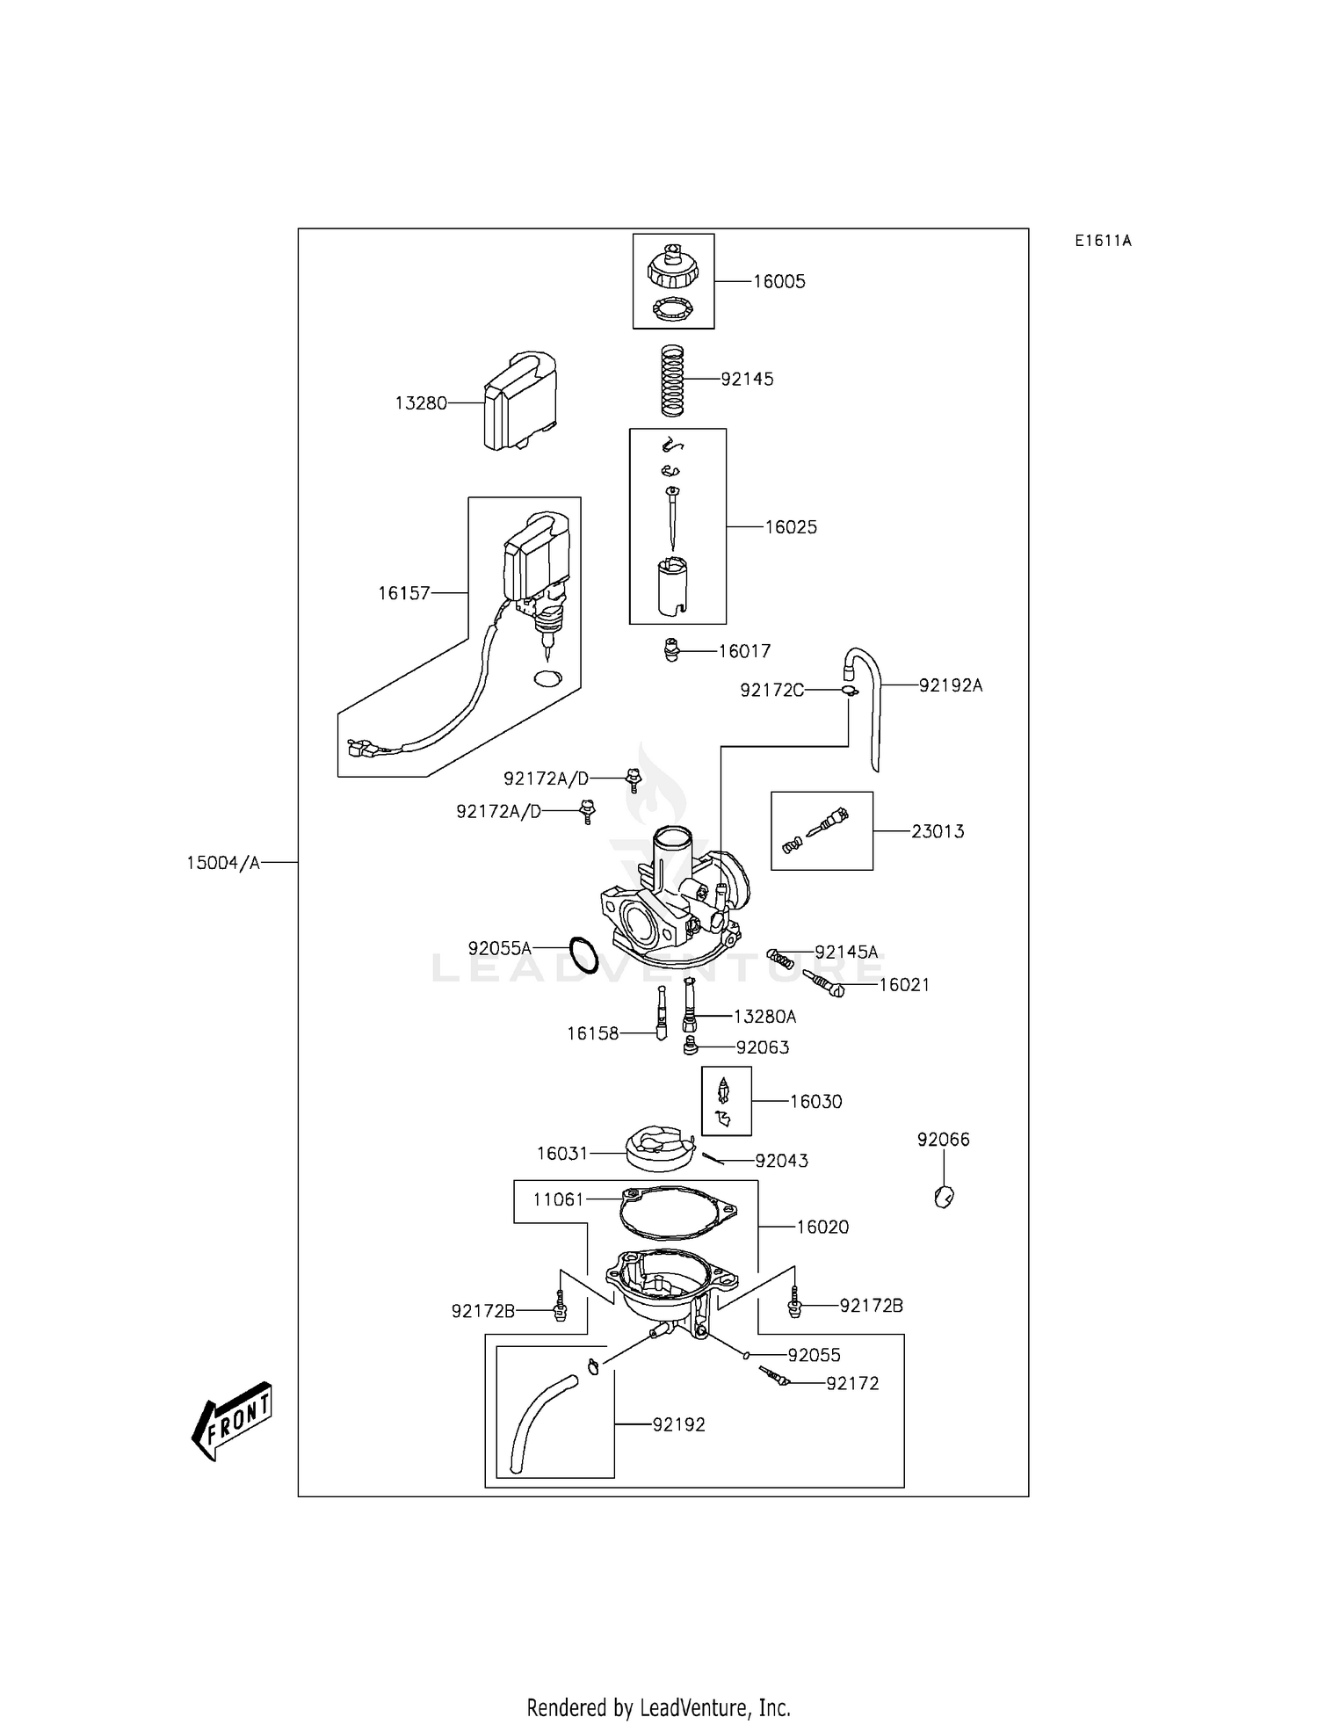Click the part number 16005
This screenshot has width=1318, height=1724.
pyautogui.click(x=778, y=282)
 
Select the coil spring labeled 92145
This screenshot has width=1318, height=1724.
pyautogui.click(x=672, y=380)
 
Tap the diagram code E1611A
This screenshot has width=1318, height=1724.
pyautogui.click(x=1103, y=241)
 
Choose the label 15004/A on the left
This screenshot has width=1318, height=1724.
pyautogui.click(x=223, y=863)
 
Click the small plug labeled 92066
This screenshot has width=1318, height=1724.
pyautogui.click(x=945, y=1196)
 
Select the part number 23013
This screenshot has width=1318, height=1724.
pyautogui.click(x=938, y=831)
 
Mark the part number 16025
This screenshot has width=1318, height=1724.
pyautogui.click(x=791, y=527)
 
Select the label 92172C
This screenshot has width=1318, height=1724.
pyautogui.click(x=771, y=691)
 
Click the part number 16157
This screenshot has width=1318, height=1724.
pyautogui.click(x=404, y=593)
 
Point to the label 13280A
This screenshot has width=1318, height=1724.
pyautogui.click(x=764, y=1017)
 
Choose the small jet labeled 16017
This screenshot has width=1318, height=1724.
pyautogui.click(x=672, y=651)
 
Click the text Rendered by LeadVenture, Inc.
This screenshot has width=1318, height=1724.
pyautogui.click(x=658, y=1706)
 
